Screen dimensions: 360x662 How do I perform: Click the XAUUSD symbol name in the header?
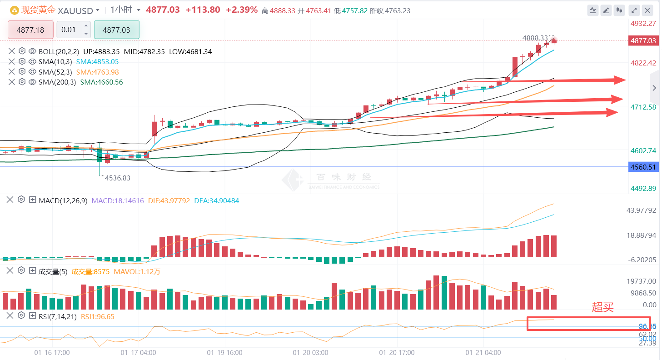75,10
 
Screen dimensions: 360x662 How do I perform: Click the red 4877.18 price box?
30,30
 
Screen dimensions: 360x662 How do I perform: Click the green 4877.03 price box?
116,30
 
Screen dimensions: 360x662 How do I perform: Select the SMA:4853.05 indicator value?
97,62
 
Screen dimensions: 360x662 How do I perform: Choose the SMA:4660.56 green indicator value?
101,82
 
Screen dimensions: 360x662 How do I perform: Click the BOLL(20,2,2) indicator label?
59,52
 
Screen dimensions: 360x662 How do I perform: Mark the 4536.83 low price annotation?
117,178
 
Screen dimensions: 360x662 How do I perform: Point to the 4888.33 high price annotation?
536,38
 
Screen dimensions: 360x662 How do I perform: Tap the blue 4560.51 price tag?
643,167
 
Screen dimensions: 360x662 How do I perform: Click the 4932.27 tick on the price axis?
643,23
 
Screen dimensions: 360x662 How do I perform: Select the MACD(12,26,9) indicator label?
63,200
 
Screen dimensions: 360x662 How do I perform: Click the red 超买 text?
603,307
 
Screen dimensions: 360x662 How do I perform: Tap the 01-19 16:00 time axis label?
224,352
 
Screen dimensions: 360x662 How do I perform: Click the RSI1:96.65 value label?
97,316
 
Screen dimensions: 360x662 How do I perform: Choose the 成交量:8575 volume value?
90,271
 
